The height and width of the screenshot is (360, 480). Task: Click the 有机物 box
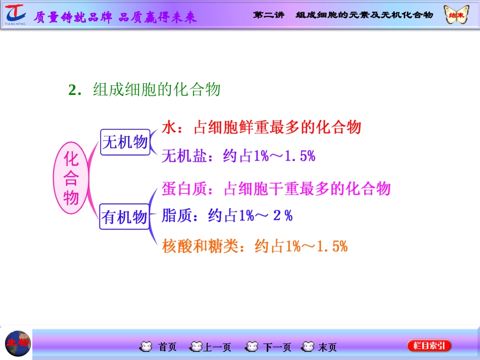tap(125, 217)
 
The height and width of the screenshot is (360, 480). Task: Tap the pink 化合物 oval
tap(71, 179)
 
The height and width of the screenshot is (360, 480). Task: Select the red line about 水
tap(262, 127)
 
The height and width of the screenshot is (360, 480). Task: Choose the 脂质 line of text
tap(227, 216)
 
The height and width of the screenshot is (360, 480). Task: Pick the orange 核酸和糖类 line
tap(255, 246)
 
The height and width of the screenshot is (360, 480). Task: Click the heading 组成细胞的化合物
tap(157, 89)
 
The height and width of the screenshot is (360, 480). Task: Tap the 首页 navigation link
tap(161, 347)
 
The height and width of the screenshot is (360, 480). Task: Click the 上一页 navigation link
tap(211, 347)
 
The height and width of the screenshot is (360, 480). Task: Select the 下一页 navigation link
tap(270, 347)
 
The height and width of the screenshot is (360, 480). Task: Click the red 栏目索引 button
tap(429, 346)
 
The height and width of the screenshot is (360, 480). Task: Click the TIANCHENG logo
tap(15, 14)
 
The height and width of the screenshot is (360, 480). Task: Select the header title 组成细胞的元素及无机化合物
tap(364, 15)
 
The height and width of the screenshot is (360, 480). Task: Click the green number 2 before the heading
tap(72, 90)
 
